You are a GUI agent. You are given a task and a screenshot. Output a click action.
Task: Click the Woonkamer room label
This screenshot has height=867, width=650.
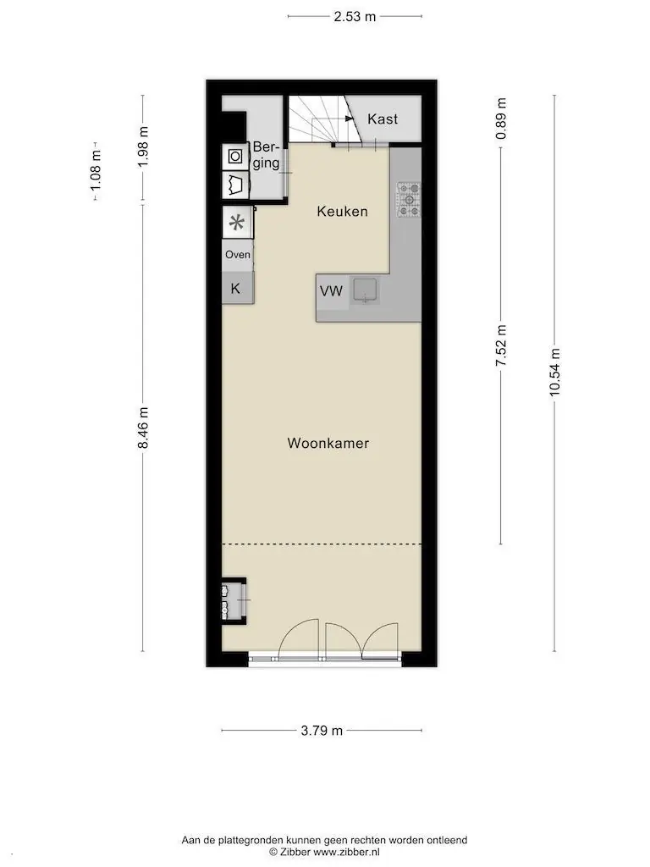click(328, 443)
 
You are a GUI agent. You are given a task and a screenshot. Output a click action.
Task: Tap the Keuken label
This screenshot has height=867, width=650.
click(342, 211)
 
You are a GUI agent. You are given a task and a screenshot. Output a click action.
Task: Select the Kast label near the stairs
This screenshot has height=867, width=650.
click(383, 119)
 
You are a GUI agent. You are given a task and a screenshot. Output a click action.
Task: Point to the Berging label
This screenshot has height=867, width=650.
click(267, 155)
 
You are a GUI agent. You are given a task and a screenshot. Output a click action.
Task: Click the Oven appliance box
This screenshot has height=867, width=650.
click(238, 255)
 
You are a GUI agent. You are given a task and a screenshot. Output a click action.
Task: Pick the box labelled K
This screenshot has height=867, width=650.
click(238, 288)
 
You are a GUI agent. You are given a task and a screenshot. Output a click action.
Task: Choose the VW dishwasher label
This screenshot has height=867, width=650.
click(331, 291)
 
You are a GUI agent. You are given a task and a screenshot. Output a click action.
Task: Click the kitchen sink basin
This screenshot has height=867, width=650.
click(365, 290)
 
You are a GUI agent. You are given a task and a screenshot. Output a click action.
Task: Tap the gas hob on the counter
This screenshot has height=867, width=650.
click(409, 199)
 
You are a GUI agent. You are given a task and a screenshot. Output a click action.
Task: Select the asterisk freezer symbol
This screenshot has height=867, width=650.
click(237, 223)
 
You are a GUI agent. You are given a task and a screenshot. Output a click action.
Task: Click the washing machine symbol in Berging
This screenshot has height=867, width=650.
click(235, 157)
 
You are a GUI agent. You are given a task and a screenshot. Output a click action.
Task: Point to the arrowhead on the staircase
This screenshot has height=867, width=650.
click(350, 119)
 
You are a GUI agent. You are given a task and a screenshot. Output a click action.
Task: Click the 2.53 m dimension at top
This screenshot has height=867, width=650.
click(355, 17)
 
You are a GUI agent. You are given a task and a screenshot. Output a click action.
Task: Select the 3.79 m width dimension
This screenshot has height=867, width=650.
click(322, 731)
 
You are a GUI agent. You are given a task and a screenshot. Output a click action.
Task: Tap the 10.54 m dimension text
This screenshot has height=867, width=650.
click(554, 372)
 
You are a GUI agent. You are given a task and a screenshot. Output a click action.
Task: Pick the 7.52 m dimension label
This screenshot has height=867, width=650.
click(501, 345)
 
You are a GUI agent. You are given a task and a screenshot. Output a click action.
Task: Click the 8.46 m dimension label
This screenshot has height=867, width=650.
click(143, 428)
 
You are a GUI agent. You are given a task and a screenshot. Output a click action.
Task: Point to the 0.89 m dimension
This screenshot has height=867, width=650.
click(501, 119)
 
